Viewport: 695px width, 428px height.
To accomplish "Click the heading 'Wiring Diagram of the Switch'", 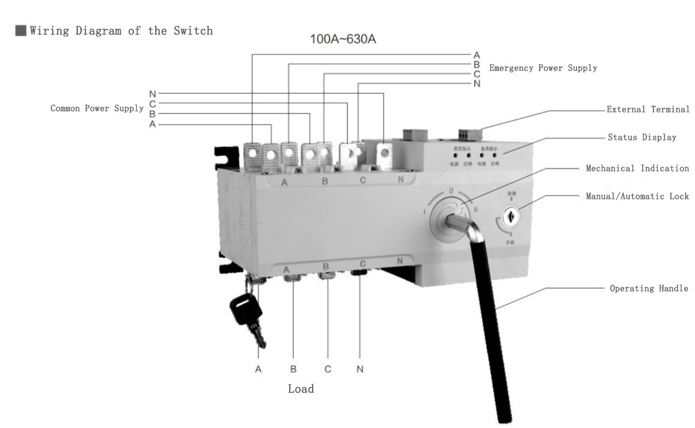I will coord(121,31).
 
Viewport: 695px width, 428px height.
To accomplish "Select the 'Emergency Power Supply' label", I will coord(543,68).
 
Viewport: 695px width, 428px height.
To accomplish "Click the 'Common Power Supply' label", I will coord(96,109).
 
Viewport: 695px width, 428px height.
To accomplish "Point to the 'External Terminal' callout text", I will coord(648,109).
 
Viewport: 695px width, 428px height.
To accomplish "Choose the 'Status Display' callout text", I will coord(642,138).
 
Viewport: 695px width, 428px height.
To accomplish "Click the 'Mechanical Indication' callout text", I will coord(637,168).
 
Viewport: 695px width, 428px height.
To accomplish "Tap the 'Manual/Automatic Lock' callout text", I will coord(637,196).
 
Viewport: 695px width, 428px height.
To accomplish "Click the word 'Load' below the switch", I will coord(301,389).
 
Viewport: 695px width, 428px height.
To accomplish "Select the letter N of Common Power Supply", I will coord(152,94).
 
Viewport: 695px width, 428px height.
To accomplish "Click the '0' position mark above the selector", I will coord(451,191).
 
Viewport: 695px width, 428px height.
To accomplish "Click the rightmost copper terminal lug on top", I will coord(384,154).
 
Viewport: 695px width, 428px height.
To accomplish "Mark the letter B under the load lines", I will coord(293,370).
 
